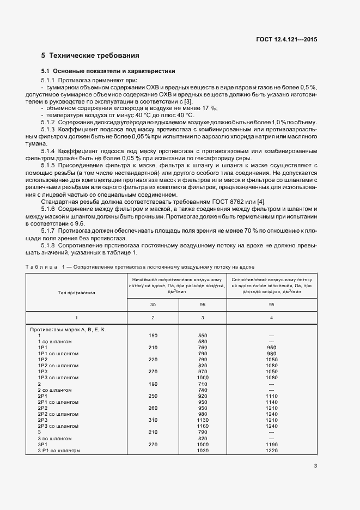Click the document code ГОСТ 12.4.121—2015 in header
(286, 39)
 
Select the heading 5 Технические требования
(90, 56)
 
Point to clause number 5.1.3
(48, 129)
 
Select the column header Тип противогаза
(76, 292)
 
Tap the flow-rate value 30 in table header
(152, 305)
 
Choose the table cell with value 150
(152, 336)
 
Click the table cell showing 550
(203, 336)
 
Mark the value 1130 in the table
(203, 420)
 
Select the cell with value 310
(152, 420)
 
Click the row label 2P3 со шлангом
(58, 426)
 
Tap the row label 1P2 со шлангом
(58, 366)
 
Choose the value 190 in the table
(152, 384)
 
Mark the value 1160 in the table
(203, 426)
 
